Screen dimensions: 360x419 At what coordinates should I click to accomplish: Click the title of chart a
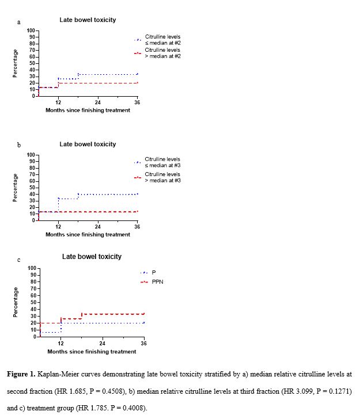pyautogui.click(x=88, y=20)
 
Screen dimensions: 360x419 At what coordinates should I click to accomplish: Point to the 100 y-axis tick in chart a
pyautogui.click(x=31, y=31)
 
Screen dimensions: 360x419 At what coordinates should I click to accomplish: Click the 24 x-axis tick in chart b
pyautogui.click(x=97, y=227)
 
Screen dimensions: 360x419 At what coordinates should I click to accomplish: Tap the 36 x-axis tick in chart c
pyautogui.click(x=143, y=343)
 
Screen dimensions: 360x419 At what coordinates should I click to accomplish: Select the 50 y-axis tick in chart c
pyautogui.click(x=33, y=302)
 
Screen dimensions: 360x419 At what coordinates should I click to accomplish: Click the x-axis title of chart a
pyautogui.click(x=88, y=110)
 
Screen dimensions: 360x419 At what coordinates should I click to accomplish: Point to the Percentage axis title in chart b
pyautogui.click(x=15, y=188)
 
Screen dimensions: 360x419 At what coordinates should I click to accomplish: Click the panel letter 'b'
pyautogui.click(x=19, y=145)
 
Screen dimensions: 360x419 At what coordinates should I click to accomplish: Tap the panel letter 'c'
pyautogui.click(x=18, y=260)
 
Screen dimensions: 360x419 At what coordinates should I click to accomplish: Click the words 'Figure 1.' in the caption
pyautogui.click(x=21, y=374)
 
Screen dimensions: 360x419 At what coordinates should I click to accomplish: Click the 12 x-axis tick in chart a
pyautogui.click(x=58, y=102)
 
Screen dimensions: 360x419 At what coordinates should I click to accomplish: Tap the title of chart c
pyautogui.click(x=92, y=257)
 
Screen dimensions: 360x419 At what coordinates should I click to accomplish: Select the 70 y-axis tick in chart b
pyautogui.click(x=32, y=174)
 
